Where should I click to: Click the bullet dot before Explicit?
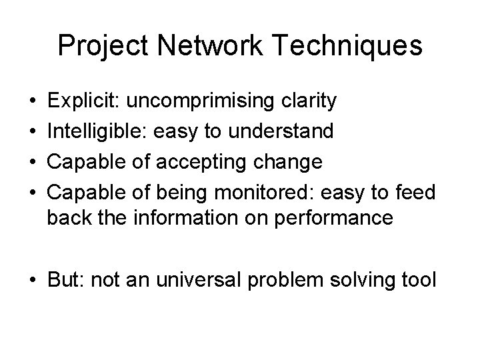[33, 103]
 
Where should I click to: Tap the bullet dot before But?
[33, 279]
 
